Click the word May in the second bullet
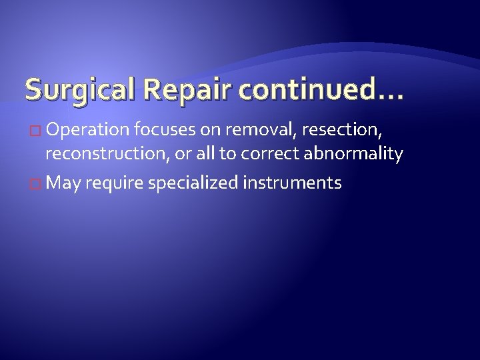[63, 183]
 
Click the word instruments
[293, 182]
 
